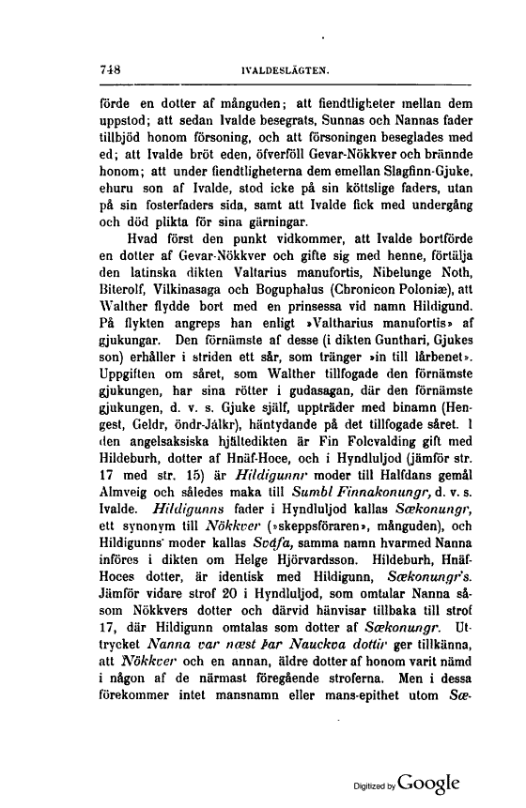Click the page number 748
tap(111, 69)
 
